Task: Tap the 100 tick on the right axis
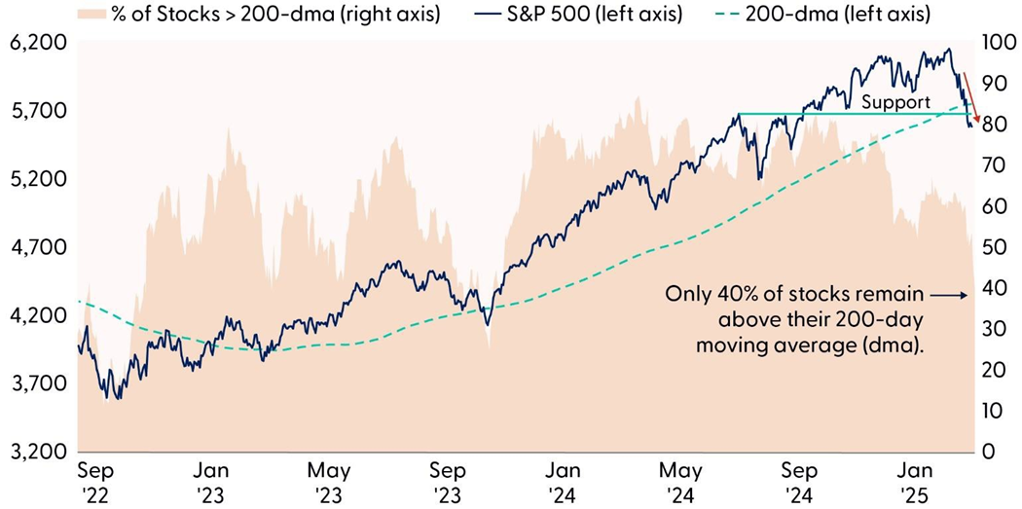tap(997, 43)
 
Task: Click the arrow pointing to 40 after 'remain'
tap(943, 294)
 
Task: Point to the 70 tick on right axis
tap(993, 165)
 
